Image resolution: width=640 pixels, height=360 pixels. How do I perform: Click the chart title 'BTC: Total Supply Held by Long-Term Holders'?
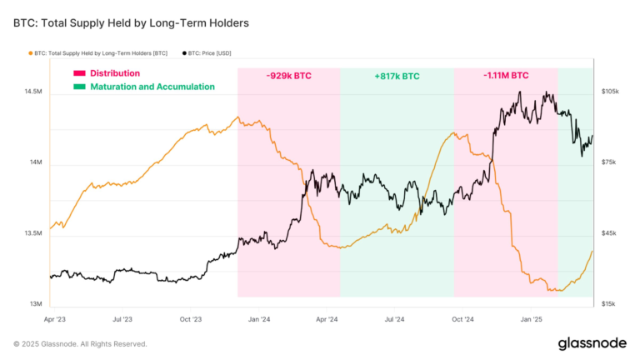[x=131, y=22]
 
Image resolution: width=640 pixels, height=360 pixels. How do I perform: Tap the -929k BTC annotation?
[x=289, y=75]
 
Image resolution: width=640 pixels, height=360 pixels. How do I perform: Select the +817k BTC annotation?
[x=396, y=75]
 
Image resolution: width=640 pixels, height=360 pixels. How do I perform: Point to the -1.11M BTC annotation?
[x=506, y=75]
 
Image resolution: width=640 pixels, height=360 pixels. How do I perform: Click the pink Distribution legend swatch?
[x=80, y=73]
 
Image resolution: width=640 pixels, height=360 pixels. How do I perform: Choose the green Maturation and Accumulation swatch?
[x=80, y=87]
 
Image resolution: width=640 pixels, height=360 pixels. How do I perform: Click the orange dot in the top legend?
[x=31, y=53]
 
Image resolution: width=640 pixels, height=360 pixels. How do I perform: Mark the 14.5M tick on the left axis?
[x=33, y=91]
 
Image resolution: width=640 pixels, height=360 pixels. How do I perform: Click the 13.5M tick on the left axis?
[x=33, y=233]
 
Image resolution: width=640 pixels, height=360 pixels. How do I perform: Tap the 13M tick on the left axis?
[x=35, y=304]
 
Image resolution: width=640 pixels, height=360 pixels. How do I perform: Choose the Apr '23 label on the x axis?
[x=54, y=319]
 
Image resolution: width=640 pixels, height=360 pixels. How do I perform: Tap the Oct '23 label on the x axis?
[x=191, y=319]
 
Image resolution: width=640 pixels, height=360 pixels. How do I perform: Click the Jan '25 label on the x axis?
[x=532, y=319]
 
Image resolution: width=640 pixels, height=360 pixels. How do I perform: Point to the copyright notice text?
[x=80, y=343]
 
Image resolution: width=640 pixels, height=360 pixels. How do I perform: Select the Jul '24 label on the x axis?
[x=395, y=319]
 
